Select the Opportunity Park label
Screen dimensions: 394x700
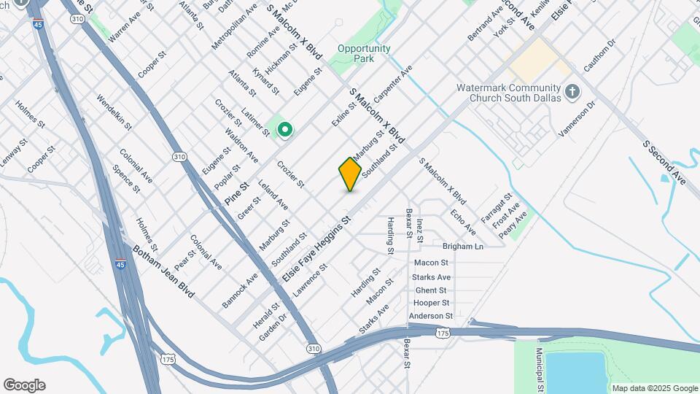364,54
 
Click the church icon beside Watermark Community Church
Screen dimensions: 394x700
572,92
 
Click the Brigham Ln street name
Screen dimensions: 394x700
463,247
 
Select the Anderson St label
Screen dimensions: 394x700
431,316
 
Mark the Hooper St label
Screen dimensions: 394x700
431,303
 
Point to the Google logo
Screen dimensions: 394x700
24,385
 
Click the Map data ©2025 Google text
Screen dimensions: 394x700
654,388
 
